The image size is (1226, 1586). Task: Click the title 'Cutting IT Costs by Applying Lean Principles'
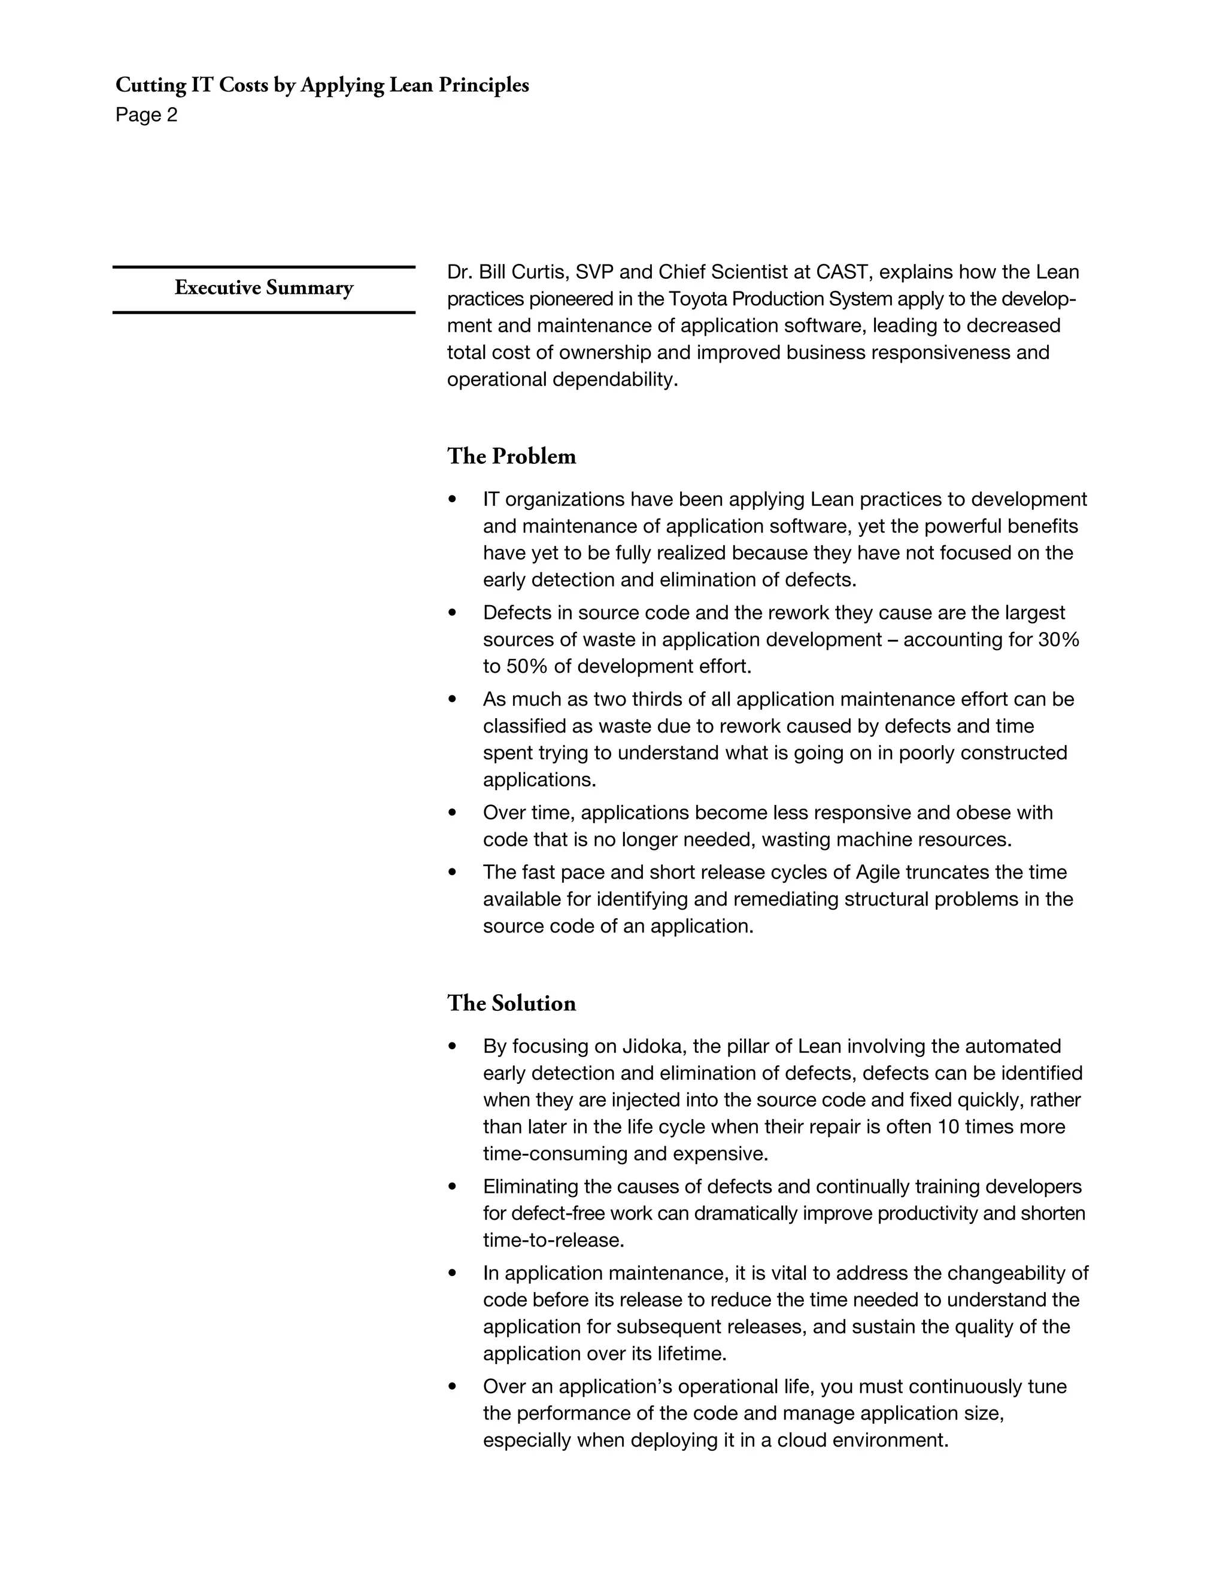click(321, 86)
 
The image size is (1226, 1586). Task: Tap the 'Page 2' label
click(146, 116)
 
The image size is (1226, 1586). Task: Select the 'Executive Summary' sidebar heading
click(263, 288)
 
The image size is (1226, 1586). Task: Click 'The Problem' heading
click(511, 456)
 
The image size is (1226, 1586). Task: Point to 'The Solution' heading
click(511, 1003)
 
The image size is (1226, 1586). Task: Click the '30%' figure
click(1058, 640)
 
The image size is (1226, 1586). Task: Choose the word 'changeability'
click(1002, 1273)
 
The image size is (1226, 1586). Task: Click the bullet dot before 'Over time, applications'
click(453, 813)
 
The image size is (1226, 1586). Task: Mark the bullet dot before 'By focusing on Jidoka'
click(453, 1046)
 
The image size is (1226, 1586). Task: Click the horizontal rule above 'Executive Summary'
click(263, 268)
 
